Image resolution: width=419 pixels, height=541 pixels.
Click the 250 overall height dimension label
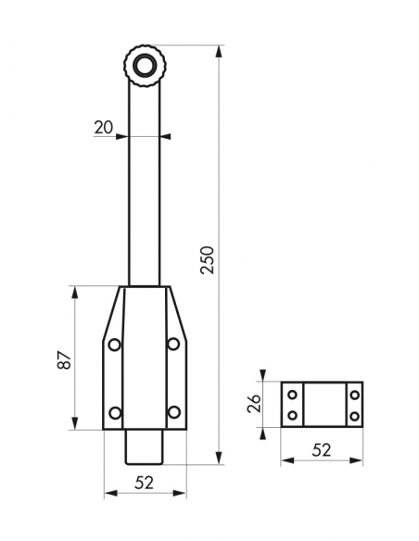pyautogui.click(x=208, y=260)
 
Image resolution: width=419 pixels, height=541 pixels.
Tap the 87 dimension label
pyautogui.click(x=64, y=360)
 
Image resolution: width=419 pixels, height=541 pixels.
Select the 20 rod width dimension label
pyautogui.click(x=103, y=128)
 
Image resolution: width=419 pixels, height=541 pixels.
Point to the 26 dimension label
pyautogui.click(x=254, y=404)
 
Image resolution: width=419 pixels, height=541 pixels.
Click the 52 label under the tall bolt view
pyautogui.click(x=144, y=483)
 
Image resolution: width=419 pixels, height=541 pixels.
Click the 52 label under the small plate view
pyautogui.click(x=322, y=450)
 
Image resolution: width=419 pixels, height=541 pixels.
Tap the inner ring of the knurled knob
pyautogui.click(x=144, y=66)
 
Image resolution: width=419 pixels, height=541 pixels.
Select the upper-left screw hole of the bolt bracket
pyautogui.click(x=115, y=345)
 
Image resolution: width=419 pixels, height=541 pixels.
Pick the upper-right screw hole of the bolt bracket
pyautogui.click(x=173, y=344)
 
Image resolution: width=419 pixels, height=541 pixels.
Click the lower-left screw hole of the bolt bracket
pyautogui.click(x=115, y=412)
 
